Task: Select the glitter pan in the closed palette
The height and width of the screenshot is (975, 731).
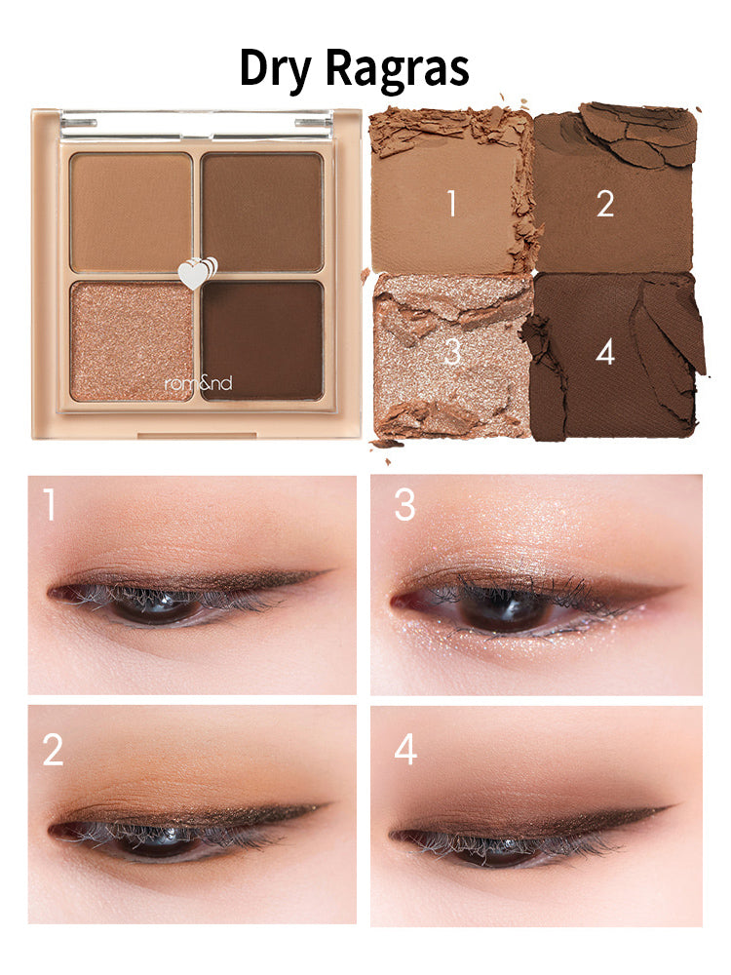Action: (x=132, y=340)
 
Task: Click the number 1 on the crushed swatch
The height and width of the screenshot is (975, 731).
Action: (x=450, y=204)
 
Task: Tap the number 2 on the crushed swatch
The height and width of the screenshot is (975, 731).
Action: (x=605, y=204)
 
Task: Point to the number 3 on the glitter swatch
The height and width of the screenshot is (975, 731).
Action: (x=451, y=352)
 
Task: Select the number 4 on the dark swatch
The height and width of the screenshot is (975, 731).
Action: (x=605, y=352)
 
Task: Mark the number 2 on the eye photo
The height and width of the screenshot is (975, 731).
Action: (x=54, y=750)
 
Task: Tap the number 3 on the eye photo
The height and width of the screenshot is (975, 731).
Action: (x=404, y=506)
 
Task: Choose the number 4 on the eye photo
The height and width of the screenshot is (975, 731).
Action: (x=404, y=750)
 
